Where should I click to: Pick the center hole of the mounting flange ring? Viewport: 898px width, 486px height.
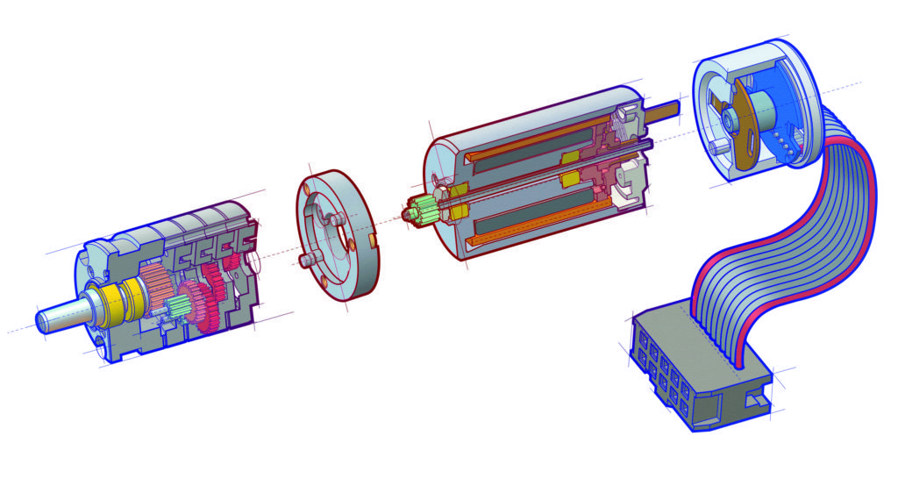pyautogui.click(x=334, y=235)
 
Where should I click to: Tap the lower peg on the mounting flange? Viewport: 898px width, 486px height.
pyautogui.click(x=309, y=260)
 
